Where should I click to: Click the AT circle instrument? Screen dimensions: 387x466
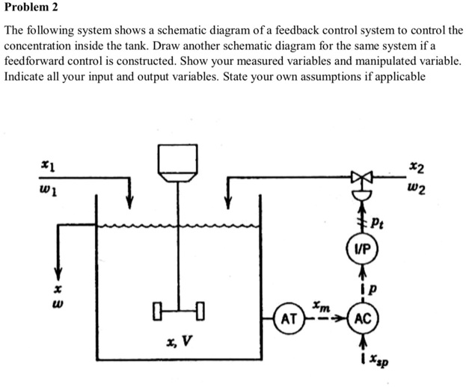click(x=289, y=320)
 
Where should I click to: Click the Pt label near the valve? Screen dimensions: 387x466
click(x=379, y=222)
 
